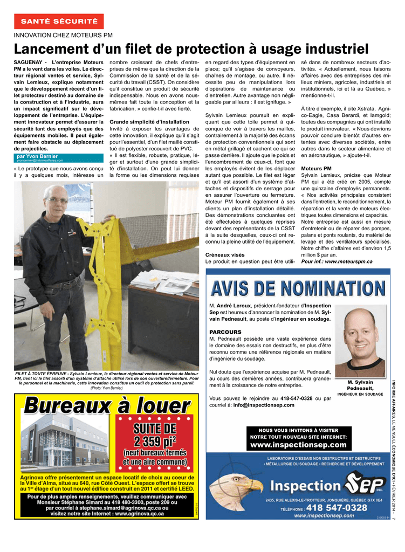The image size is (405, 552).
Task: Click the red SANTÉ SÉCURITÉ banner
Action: tap(59, 22)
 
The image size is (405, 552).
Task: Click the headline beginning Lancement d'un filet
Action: tap(191, 49)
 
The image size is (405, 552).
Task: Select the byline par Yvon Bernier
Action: tap(38, 156)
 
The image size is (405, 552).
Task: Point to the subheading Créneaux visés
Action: tap(225, 254)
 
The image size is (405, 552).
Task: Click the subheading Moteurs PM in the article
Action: tap(316, 168)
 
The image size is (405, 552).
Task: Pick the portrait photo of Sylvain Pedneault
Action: tap(360, 342)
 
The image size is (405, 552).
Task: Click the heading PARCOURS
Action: tap(225, 332)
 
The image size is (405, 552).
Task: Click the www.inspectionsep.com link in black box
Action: tap(298, 445)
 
